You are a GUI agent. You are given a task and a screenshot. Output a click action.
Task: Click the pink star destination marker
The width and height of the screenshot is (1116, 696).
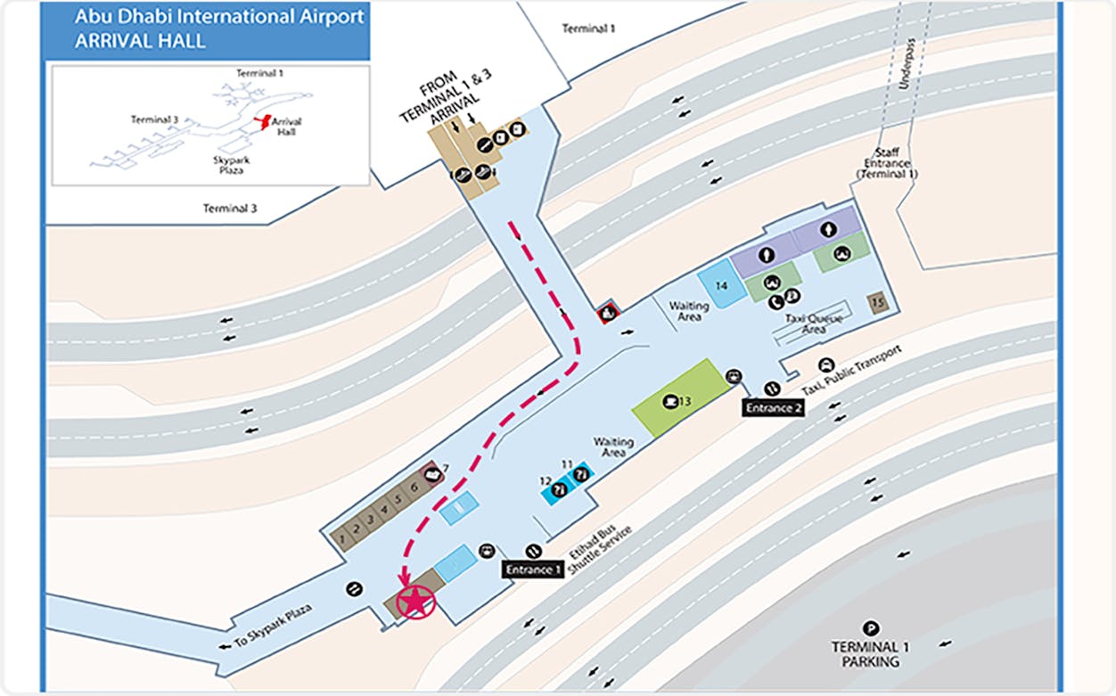click(x=414, y=602)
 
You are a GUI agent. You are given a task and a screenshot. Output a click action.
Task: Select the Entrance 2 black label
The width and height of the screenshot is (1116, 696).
click(x=773, y=407)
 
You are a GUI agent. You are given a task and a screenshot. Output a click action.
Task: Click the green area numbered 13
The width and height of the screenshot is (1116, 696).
click(x=677, y=399)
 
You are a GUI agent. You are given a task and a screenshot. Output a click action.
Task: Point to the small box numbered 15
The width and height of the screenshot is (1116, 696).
click(x=879, y=302)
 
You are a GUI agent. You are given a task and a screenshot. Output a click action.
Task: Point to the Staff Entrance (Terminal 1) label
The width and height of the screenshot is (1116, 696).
click(x=887, y=163)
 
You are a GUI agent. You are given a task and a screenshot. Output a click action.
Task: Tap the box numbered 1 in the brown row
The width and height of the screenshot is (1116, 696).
click(x=340, y=536)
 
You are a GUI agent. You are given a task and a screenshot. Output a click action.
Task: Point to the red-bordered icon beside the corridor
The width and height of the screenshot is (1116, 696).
click(x=609, y=312)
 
